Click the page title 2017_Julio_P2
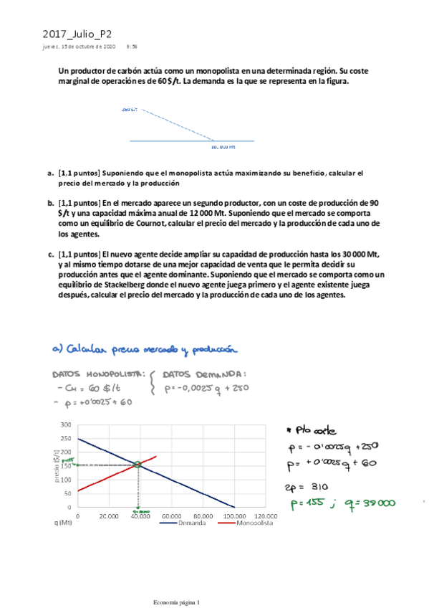pos(77,33)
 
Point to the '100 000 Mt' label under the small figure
pos(223,147)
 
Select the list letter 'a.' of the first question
pos(50,173)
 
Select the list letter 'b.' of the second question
pos(50,203)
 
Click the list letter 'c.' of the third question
pos(50,254)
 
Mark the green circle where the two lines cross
pos(138,465)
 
